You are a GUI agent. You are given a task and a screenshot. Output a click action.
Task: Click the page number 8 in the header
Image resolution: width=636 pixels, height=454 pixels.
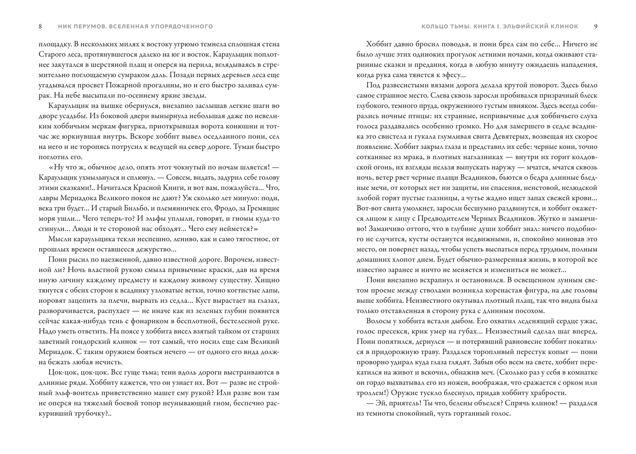tap(40, 26)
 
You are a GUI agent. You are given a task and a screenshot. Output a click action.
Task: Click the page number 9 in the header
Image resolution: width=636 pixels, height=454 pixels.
tap(595, 26)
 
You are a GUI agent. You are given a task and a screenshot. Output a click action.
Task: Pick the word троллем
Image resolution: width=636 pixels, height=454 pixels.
tap(371, 393)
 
